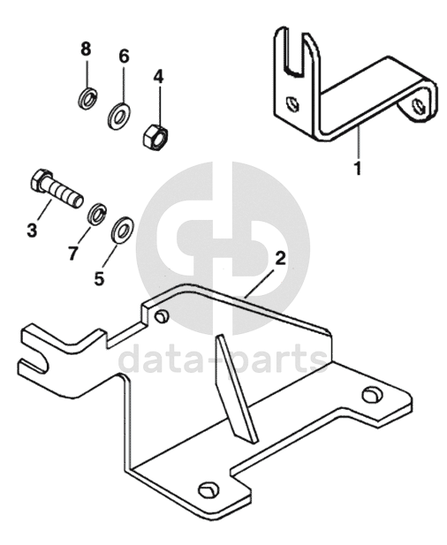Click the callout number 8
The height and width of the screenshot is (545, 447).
pyautogui.click(x=86, y=49)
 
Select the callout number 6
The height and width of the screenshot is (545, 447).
pyautogui.click(x=124, y=56)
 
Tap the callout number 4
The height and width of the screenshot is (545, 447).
pyautogui.click(x=158, y=76)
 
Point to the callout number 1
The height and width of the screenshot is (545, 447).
pyautogui.click(x=358, y=168)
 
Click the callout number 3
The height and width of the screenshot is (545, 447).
pyautogui.click(x=32, y=230)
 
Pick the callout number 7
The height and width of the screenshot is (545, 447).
pyautogui.click(x=72, y=254)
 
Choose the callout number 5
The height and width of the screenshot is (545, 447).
pyautogui.click(x=100, y=278)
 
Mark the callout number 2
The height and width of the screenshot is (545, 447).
pyautogui.click(x=280, y=259)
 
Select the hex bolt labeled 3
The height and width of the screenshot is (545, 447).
pyautogui.click(x=57, y=189)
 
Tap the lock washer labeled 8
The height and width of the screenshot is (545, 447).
pyautogui.click(x=87, y=99)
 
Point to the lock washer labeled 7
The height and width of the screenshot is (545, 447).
pyautogui.click(x=97, y=215)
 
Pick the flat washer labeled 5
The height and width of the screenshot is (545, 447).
pyautogui.click(x=122, y=230)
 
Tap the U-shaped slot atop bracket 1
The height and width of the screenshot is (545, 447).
pyautogui.click(x=295, y=52)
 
